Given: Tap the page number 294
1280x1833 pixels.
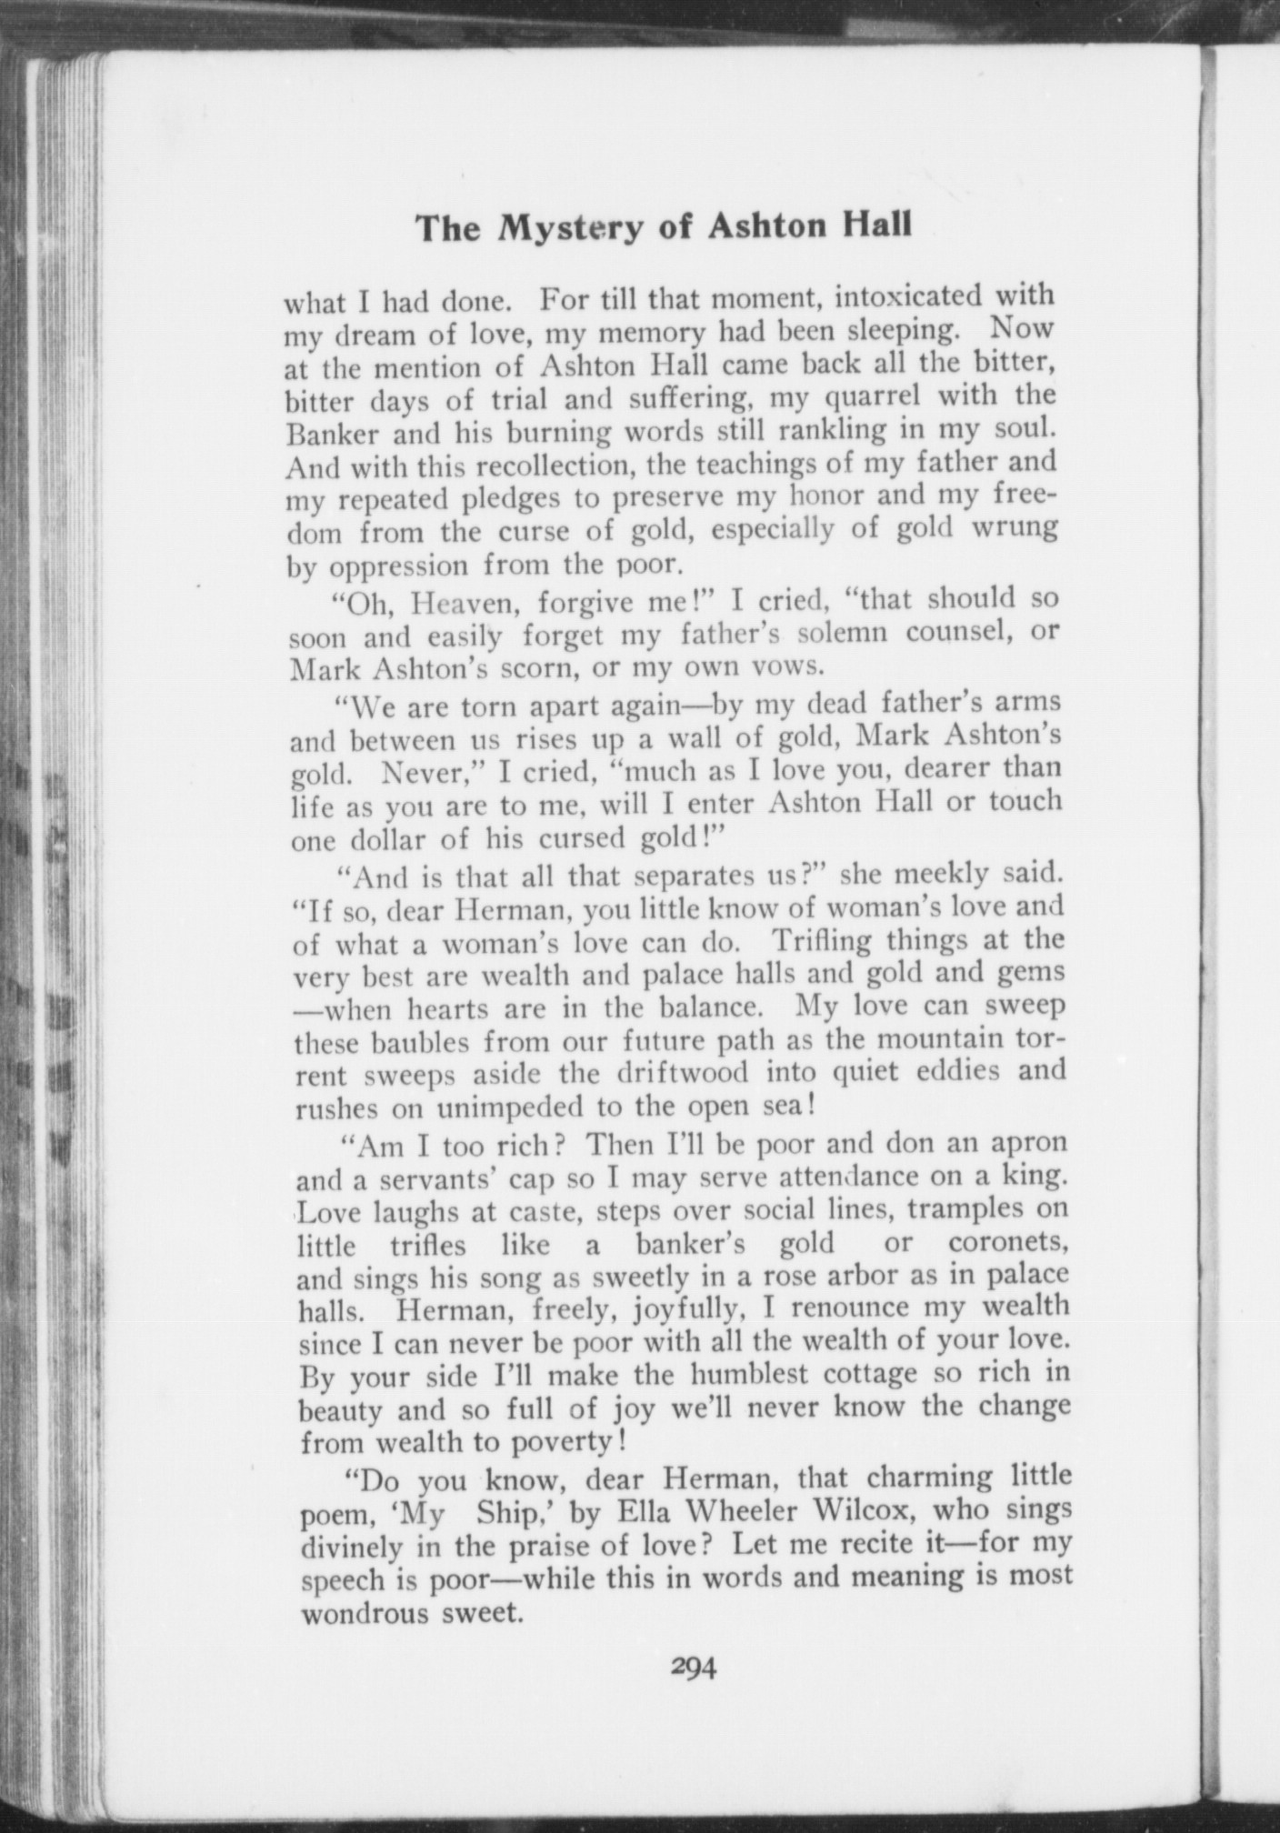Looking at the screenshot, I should click(x=694, y=1667).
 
